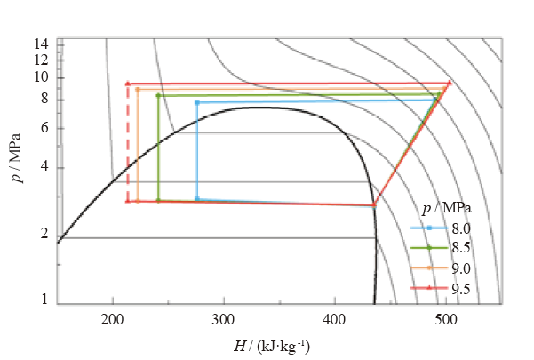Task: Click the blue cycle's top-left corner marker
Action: point(197,102)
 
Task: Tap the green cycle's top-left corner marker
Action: point(158,95)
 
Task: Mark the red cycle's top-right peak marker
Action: point(450,84)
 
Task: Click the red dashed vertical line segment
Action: point(128,142)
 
